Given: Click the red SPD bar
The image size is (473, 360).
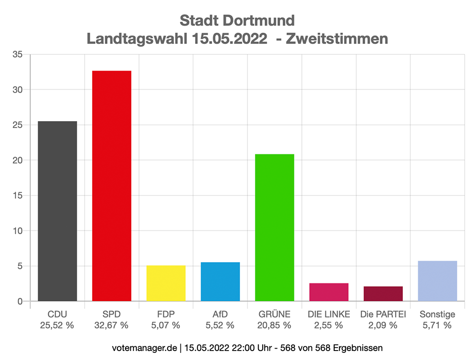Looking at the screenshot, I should point(112,186).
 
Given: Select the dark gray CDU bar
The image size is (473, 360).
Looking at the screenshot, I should point(57,211).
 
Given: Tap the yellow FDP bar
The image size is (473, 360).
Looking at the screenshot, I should point(166,283).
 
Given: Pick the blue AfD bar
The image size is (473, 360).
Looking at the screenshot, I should point(220,281).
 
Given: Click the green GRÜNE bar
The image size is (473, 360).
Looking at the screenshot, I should point(275,228).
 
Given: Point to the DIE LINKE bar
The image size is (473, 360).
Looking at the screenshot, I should point(329,292).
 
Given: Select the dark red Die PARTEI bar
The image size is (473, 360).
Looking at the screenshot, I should point(383,294).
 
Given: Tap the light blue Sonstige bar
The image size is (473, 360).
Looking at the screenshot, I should point(437,281).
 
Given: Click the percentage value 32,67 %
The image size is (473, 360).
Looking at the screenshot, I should point(112,325).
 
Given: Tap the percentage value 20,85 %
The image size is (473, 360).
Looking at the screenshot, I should point(275,325).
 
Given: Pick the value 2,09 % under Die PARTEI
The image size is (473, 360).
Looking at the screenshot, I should point(383,325).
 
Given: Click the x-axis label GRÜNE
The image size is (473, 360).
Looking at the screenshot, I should point(275,314).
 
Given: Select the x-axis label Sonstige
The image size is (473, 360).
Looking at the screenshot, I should point(437,314).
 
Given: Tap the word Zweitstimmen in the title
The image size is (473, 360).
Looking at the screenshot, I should point(339,38).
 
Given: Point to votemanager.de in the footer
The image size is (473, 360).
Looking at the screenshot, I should point(143,348).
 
